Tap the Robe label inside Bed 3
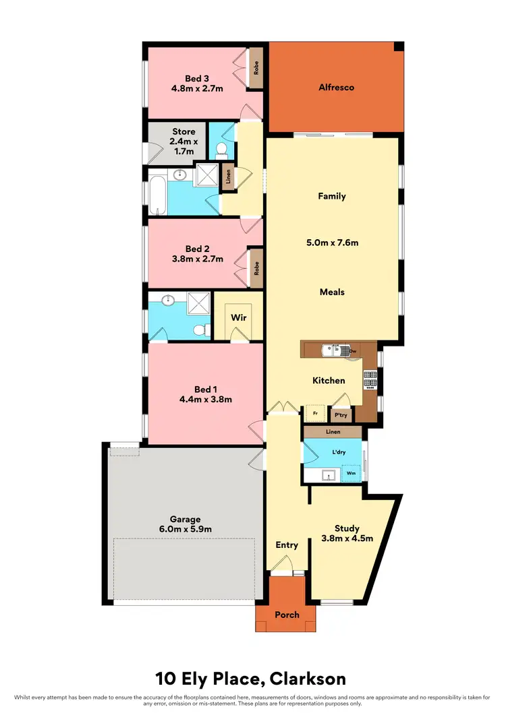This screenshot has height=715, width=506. [256, 67]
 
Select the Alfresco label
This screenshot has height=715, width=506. [336, 87]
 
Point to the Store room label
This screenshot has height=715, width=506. [184, 131]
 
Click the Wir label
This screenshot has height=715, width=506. [237, 316]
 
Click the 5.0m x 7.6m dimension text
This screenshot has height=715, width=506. [332, 241]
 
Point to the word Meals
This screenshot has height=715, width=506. [332, 292]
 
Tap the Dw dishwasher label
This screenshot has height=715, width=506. [352, 351]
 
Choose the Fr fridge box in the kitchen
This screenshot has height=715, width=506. [314, 413]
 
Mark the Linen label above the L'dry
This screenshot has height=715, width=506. [333, 432]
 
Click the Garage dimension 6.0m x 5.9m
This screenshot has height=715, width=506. [186, 529]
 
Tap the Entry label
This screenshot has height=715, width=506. [287, 545]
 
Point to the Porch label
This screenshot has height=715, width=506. [287, 615]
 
